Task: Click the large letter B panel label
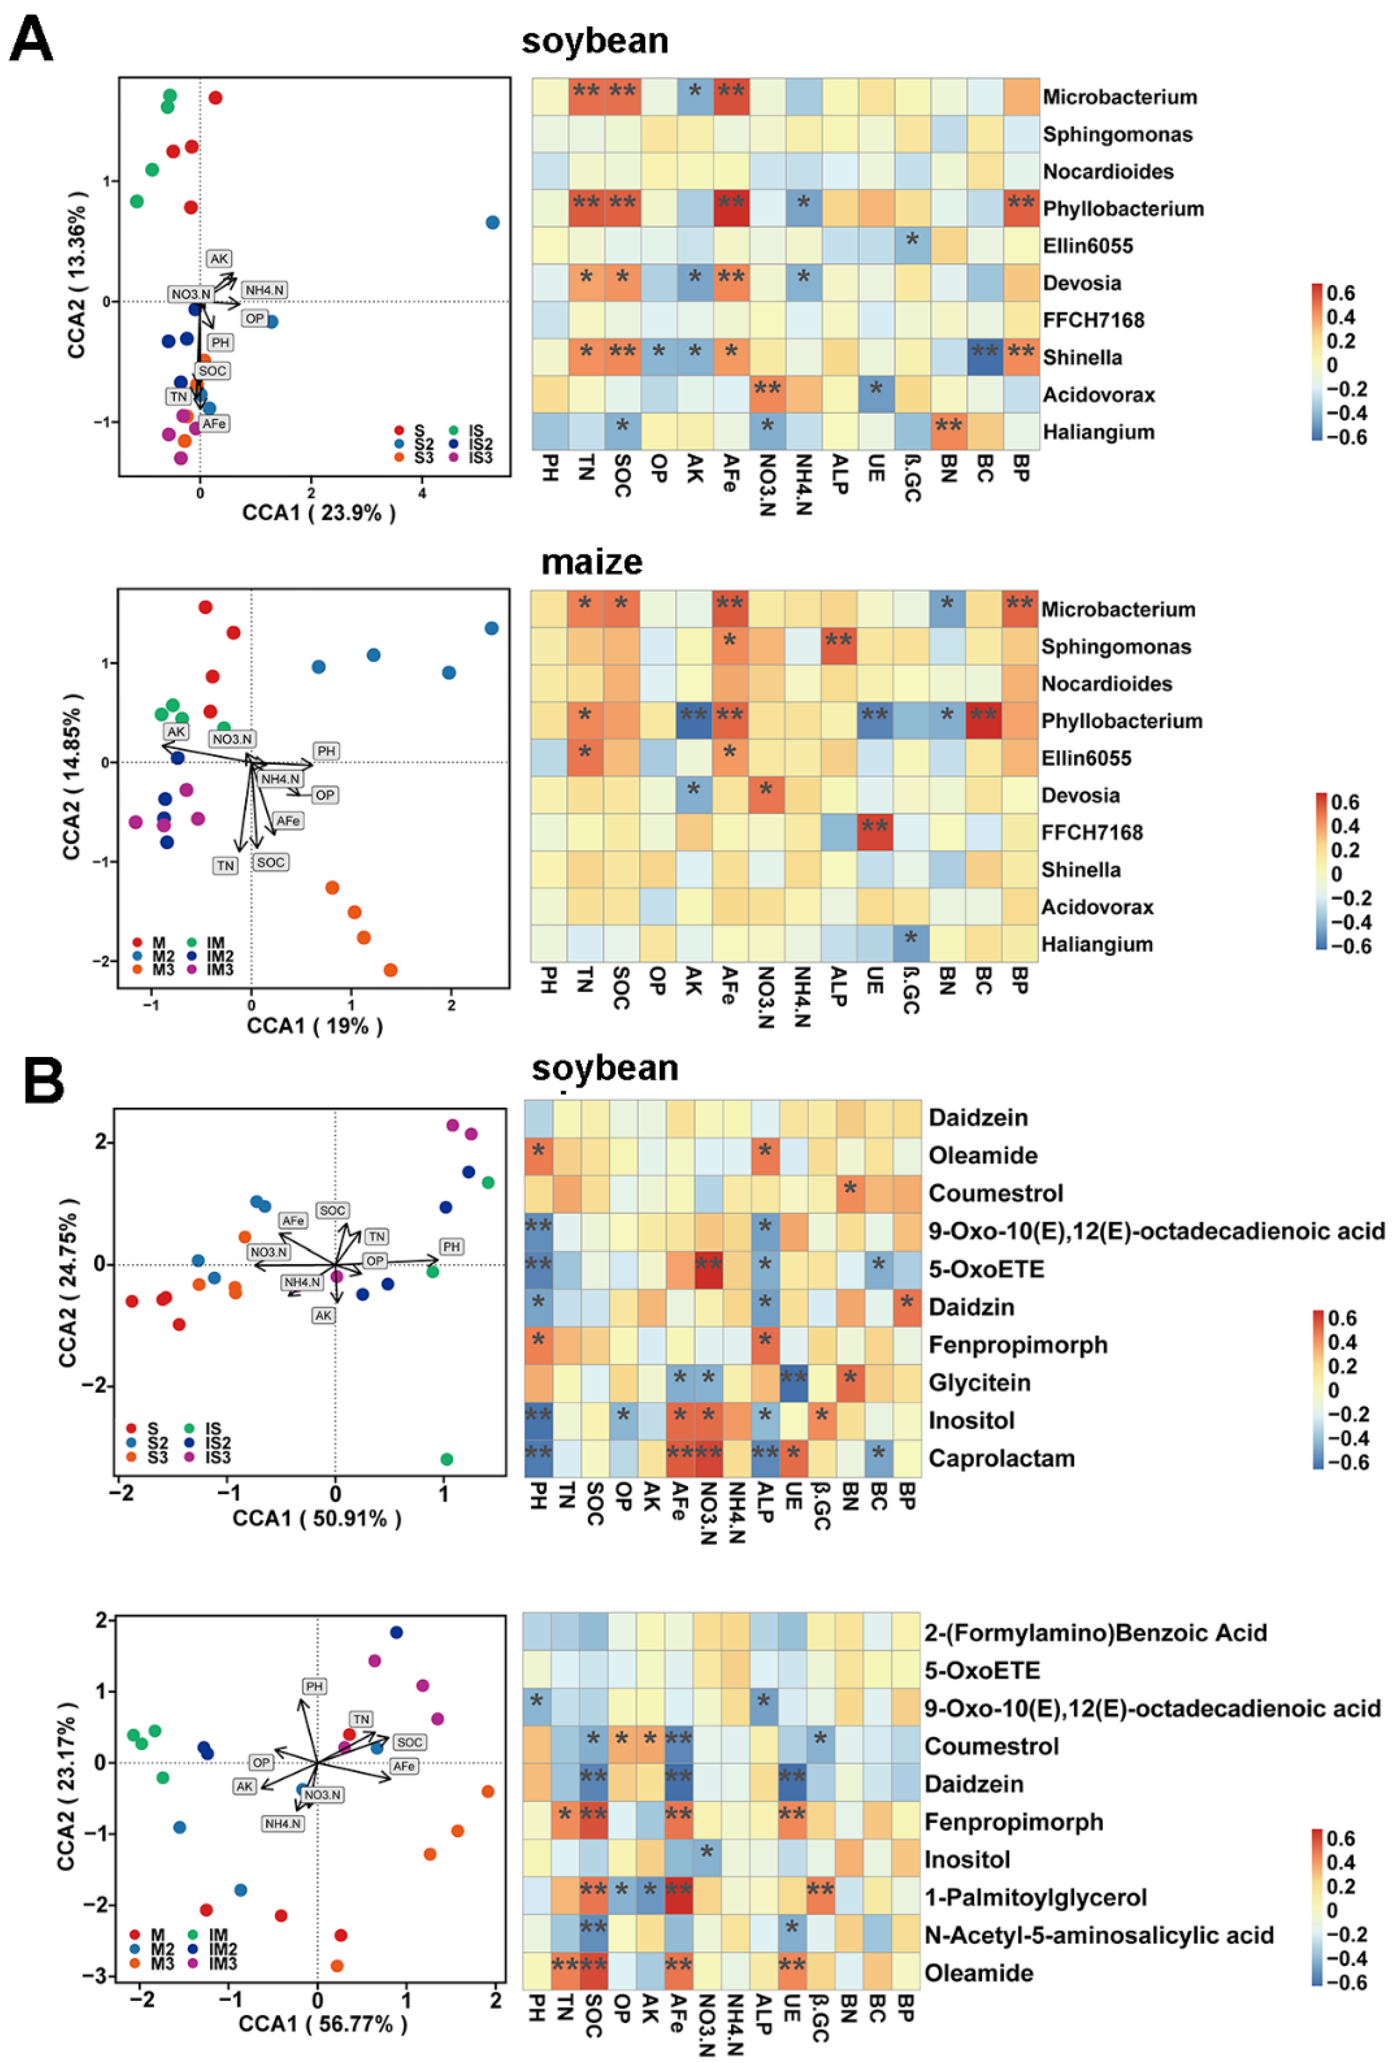click(42, 1081)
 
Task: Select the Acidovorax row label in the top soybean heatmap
click(1098, 395)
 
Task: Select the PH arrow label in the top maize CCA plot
click(326, 751)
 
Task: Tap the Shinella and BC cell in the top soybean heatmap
click(984, 357)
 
